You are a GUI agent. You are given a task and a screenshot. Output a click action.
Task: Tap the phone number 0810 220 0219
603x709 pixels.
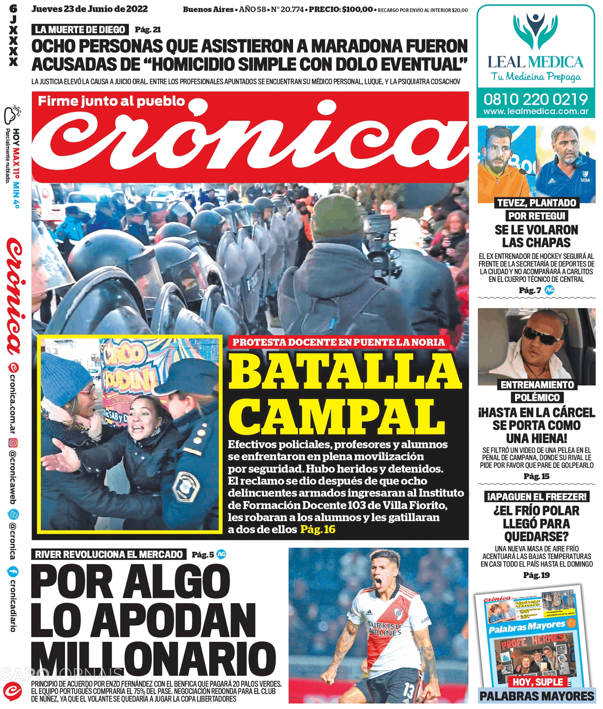point(536,99)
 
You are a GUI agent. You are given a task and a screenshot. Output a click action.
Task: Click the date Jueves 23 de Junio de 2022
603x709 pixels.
point(90,9)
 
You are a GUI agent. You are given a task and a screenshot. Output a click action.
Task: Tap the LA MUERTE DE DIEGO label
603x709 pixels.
point(80,29)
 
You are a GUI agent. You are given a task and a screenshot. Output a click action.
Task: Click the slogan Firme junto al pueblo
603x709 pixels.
point(111,101)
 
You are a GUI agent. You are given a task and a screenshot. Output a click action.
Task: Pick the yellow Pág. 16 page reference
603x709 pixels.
point(317,529)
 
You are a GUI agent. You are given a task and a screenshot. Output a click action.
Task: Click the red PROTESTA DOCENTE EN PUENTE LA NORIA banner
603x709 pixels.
point(338,342)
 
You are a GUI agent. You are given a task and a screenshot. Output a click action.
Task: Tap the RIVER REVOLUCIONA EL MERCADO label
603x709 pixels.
point(109,554)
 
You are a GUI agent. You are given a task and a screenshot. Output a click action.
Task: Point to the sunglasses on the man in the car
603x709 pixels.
point(541,335)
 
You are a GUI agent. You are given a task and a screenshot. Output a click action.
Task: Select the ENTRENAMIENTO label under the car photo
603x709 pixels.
point(537,385)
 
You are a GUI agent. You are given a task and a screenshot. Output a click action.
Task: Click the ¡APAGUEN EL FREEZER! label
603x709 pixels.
point(536,497)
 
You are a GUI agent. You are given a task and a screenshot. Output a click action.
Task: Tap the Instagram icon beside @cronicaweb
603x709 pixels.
point(13,443)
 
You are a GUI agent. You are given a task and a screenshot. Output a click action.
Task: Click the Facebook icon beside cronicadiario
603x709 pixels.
point(13,571)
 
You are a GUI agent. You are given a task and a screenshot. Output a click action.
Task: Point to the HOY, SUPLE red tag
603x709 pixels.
point(538,682)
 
